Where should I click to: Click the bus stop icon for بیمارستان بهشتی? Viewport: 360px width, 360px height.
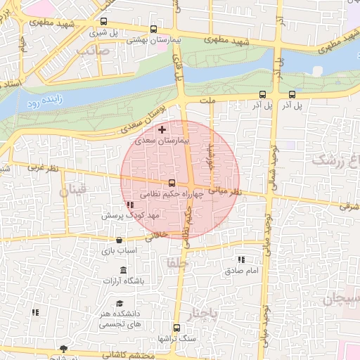click(x=154, y=30)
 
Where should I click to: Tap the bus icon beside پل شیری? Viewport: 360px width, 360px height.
click(x=105, y=21)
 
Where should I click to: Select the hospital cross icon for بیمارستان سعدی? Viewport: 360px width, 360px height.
click(x=162, y=130)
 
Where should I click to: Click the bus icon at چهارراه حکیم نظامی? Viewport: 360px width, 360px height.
click(x=172, y=184)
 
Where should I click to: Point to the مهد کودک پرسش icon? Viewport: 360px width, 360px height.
click(x=129, y=205)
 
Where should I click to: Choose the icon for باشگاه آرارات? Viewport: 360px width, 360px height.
click(x=124, y=271)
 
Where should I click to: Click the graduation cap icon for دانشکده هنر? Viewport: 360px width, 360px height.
click(x=110, y=304)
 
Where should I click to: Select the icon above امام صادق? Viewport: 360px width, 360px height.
click(x=243, y=259)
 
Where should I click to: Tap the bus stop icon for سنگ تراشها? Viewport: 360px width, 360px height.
click(x=176, y=328)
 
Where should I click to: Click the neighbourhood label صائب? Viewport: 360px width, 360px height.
click(x=95, y=51)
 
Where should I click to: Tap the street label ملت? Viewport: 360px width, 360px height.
click(x=207, y=101)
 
